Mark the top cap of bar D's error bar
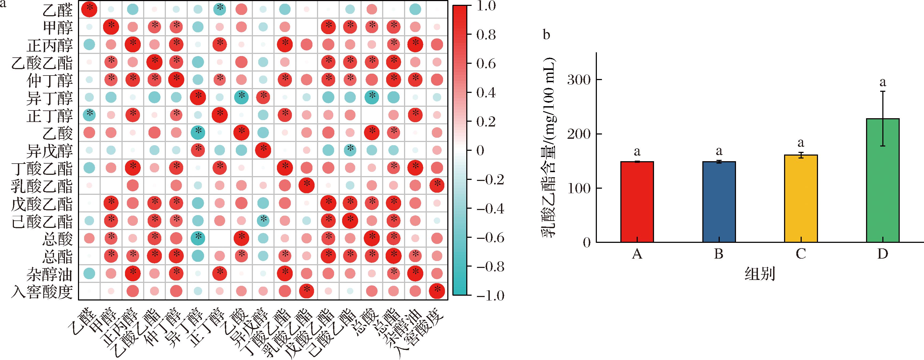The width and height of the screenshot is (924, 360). [x=882, y=92]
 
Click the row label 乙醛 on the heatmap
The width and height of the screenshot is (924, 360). [x=58, y=10]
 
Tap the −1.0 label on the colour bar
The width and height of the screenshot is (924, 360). [x=490, y=296]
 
